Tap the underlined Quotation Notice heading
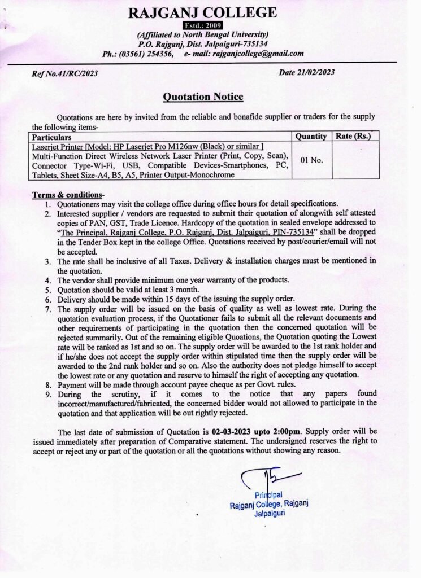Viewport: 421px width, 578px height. click(x=203, y=97)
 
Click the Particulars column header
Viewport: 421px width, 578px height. click(x=52, y=137)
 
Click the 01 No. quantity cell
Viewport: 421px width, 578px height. click(x=311, y=160)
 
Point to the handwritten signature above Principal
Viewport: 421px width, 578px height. click(x=261, y=480)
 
